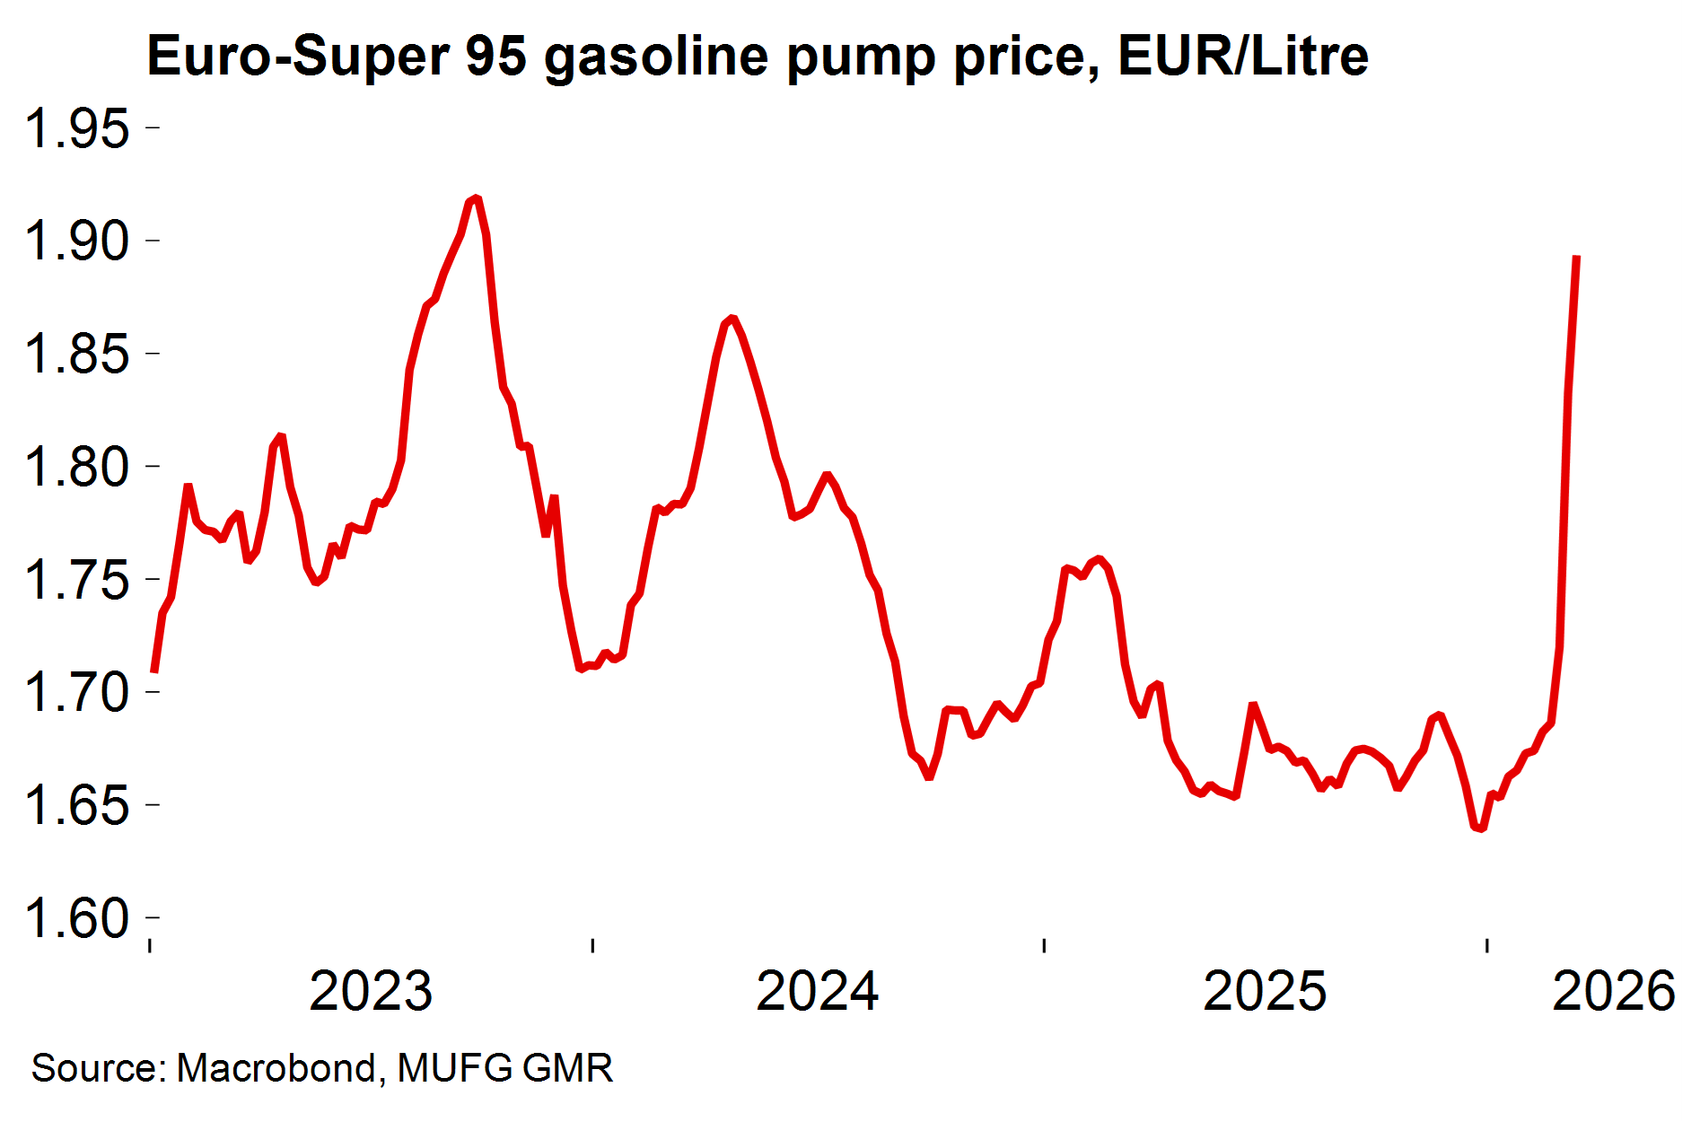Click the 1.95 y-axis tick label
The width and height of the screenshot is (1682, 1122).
(77, 128)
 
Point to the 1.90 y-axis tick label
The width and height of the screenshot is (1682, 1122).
(77, 241)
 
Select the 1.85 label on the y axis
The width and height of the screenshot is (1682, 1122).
(77, 354)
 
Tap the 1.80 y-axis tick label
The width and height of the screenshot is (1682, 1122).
(77, 467)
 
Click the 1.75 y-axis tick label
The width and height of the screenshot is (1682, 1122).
(77, 580)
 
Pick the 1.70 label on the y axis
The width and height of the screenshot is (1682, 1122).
(77, 692)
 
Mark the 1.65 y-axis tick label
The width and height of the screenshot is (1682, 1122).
(77, 805)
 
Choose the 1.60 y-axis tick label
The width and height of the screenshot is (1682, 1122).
(77, 918)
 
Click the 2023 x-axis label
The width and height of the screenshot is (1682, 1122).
(371, 991)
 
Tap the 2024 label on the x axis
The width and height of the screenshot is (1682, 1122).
(818, 991)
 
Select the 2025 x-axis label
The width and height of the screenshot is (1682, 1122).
(1265, 991)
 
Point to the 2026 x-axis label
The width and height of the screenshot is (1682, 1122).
(1614, 991)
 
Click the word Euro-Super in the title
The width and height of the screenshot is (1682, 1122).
(297, 56)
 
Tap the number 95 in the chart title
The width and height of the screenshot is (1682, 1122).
(496, 56)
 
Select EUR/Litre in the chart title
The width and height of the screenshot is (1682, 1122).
(1243, 56)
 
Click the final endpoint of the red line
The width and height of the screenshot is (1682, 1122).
(1577, 257)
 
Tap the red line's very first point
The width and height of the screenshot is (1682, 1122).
(154, 671)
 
